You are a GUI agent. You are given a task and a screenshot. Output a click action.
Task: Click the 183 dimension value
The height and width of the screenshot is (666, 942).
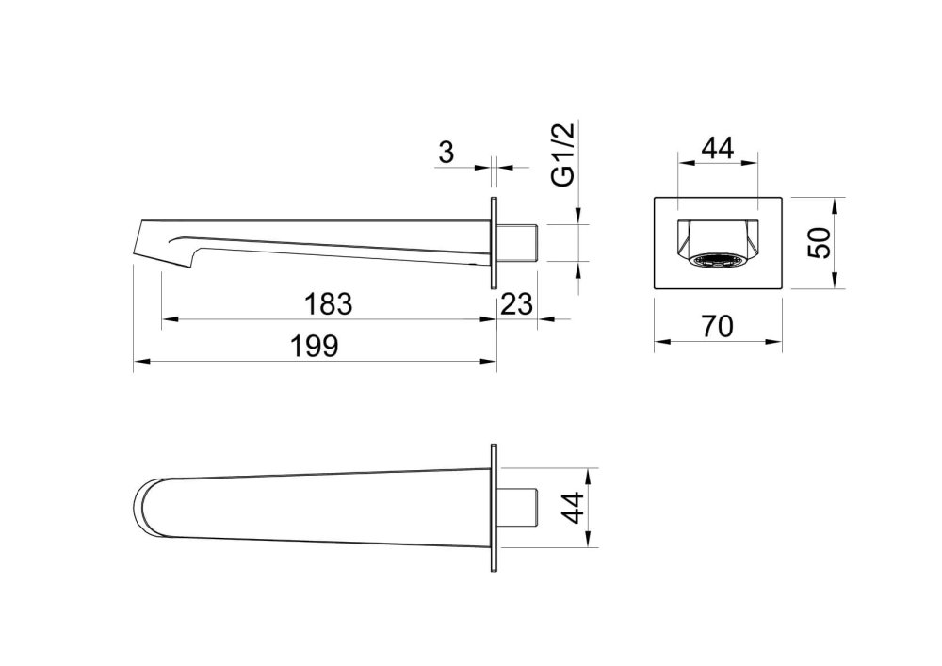tap(328, 304)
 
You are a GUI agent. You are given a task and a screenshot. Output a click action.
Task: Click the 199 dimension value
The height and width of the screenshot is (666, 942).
tap(315, 346)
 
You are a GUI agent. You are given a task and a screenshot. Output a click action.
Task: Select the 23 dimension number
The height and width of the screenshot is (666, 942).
tap(516, 304)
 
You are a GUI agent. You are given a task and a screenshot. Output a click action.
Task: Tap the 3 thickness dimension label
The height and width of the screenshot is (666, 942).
tap(447, 153)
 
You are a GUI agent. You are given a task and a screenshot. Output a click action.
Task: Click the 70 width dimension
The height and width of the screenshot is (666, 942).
tap(717, 326)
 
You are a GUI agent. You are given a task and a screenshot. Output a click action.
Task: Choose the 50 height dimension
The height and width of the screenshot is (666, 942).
tap(820, 243)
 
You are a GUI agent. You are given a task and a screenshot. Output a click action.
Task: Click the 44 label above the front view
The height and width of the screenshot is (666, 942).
tap(718, 148)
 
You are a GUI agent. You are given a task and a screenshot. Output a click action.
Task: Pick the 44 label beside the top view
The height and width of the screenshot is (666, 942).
tap(572, 508)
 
